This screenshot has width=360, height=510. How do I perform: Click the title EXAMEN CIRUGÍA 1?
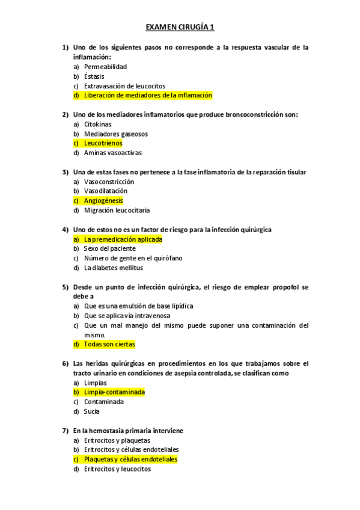click(180, 27)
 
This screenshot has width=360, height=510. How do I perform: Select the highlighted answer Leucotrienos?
click(103, 143)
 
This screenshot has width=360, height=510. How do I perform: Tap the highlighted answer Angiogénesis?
click(103, 201)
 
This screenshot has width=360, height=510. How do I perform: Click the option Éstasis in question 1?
click(94, 76)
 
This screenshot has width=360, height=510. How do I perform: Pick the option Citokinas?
click(97, 124)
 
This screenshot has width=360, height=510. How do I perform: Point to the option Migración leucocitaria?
click(117, 210)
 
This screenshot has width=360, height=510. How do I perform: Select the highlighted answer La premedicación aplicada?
click(123, 239)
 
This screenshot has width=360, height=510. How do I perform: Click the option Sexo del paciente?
click(110, 248)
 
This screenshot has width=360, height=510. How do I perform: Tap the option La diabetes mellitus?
click(114, 268)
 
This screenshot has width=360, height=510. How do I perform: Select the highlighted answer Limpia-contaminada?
click(114, 392)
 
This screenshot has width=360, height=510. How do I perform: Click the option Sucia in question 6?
click(92, 411)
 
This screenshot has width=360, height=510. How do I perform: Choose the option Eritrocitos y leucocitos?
click(117, 469)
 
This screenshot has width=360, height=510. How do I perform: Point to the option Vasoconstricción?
click(109, 182)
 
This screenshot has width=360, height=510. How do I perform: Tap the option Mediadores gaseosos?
click(116, 134)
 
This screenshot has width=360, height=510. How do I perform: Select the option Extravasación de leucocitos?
click(124, 86)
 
